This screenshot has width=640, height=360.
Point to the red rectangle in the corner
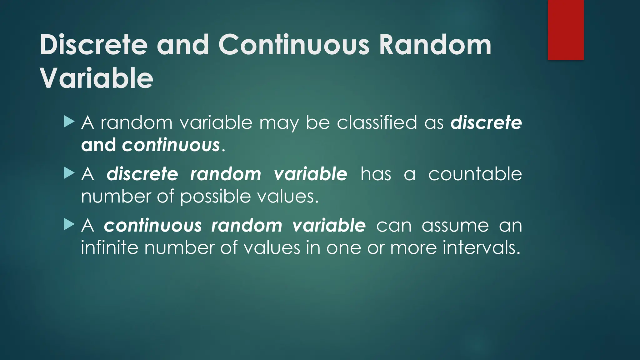pos(566,30)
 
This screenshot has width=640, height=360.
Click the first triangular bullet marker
pos(69,122)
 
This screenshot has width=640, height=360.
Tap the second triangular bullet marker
pos(69,173)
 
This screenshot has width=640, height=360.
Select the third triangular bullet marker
pos(69,224)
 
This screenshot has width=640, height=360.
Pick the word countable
pos(475,174)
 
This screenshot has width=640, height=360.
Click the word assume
pos(455,225)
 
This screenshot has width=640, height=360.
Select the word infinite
pos(109,248)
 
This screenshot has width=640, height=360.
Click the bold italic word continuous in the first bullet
pos(171,145)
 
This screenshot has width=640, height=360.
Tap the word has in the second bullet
pos(375,174)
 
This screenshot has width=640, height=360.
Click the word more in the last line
pos(413,248)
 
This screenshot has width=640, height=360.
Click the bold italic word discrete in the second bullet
pos(142,174)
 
